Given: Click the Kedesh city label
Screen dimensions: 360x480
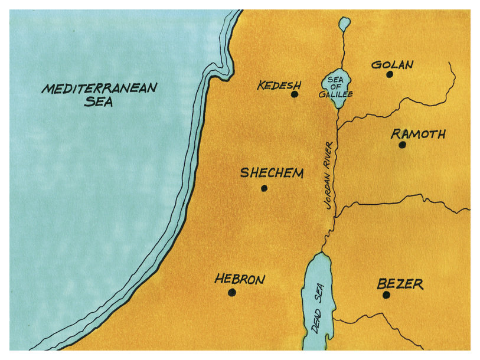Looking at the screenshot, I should pos(279,86).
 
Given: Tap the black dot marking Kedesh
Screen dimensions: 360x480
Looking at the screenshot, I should pos(294,94).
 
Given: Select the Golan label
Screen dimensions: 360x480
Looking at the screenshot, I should pos(393,64).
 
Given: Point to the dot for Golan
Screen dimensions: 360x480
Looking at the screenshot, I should pos(390,74).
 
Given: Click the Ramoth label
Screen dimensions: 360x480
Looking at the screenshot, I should pos(418,135).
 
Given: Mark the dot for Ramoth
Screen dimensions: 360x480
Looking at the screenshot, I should pos(402,145).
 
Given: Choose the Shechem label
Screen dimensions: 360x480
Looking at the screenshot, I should pos(272,174).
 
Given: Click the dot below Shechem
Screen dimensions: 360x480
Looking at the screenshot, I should pos(264,188).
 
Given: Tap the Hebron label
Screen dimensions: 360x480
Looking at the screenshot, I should pos(240,279).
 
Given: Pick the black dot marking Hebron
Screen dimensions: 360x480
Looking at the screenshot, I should pos(231,292).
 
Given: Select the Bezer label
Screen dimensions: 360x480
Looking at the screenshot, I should pos(400,284).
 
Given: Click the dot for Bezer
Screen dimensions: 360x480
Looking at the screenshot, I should pos(386,294).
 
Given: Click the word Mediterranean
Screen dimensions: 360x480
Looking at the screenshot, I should pos(99,89).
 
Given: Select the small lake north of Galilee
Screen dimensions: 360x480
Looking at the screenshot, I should pos(344,23).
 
